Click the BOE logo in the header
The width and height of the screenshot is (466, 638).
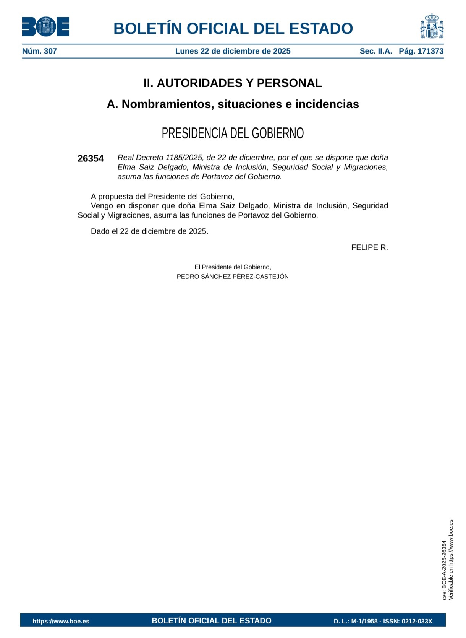[x=45, y=27]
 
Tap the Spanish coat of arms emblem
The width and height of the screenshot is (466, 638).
[x=432, y=26]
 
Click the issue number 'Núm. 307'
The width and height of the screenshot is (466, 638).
[x=39, y=51]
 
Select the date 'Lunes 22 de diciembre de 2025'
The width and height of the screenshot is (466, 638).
[x=233, y=51]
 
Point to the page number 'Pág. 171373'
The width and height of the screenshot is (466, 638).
[x=421, y=51]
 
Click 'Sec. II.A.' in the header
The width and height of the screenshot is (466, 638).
[x=376, y=51]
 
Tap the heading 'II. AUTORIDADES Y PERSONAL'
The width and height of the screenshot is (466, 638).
[x=233, y=83]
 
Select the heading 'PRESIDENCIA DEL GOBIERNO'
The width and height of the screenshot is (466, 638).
[x=233, y=133]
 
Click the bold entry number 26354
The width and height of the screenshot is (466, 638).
[x=91, y=159]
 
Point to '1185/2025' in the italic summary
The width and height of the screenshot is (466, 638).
[x=184, y=158]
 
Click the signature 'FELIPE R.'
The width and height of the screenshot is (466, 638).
[x=369, y=247]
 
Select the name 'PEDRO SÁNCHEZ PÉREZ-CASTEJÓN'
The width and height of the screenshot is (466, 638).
[x=233, y=277]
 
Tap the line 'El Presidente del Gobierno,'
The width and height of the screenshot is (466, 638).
[x=233, y=267]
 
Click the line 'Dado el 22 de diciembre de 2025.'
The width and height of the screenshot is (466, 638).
[x=149, y=231]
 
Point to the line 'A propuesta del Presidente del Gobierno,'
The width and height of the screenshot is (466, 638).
[x=162, y=197]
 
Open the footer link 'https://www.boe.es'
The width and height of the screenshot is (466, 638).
[x=61, y=621]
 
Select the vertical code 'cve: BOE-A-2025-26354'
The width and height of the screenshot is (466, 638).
[x=444, y=570]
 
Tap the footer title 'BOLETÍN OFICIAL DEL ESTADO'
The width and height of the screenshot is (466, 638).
[x=211, y=621]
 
